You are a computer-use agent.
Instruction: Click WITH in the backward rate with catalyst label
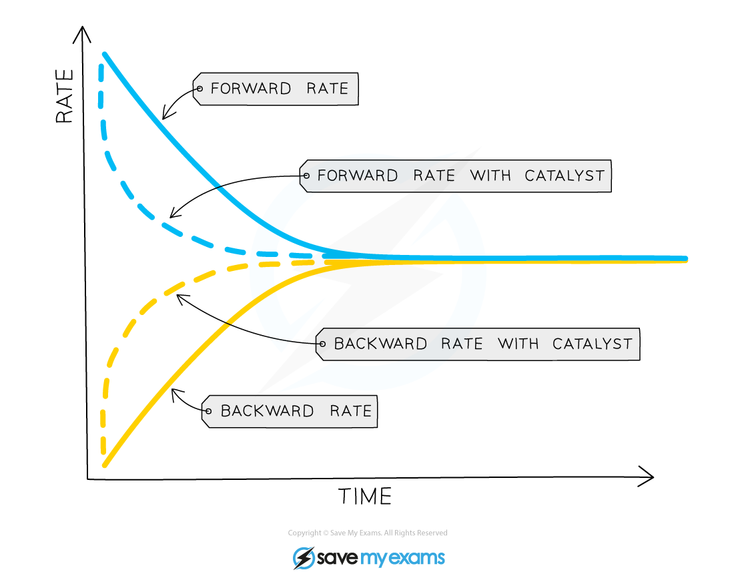click(x=518, y=344)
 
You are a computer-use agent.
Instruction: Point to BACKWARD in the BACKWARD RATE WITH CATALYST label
click(x=380, y=344)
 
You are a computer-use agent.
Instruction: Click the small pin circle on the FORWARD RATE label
click(x=200, y=89)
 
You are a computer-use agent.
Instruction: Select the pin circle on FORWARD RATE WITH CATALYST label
click(x=306, y=176)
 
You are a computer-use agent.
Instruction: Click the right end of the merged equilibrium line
click(x=684, y=260)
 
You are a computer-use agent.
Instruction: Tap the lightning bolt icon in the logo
click(x=304, y=558)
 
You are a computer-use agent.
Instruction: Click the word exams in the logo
click(x=414, y=558)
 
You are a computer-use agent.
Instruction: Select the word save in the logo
click(x=337, y=558)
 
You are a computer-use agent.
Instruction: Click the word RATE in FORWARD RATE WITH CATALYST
click(x=434, y=176)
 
